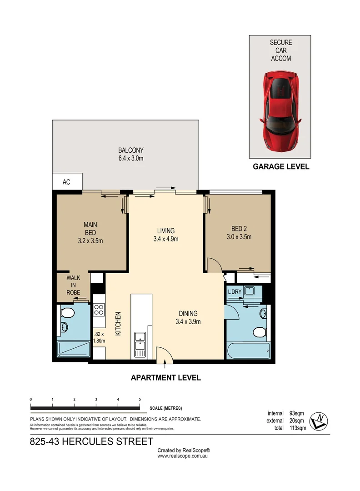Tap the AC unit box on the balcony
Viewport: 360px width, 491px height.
tap(67, 182)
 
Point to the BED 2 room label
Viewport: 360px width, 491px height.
tap(239, 232)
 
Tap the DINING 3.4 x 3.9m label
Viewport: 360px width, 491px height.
tap(187, 317)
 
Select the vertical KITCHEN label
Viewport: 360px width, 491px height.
tap(117, 323)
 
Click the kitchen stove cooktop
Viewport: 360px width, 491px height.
tap(99, 310)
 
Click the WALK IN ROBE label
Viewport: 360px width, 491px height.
tap(74, 285)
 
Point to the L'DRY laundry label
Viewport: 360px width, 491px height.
tap(235, 291)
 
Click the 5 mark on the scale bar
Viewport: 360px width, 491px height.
tap(140, 399)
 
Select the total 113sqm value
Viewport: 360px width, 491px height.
tap(298, 428)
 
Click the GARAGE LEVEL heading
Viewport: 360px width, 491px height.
tap(280, 167)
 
